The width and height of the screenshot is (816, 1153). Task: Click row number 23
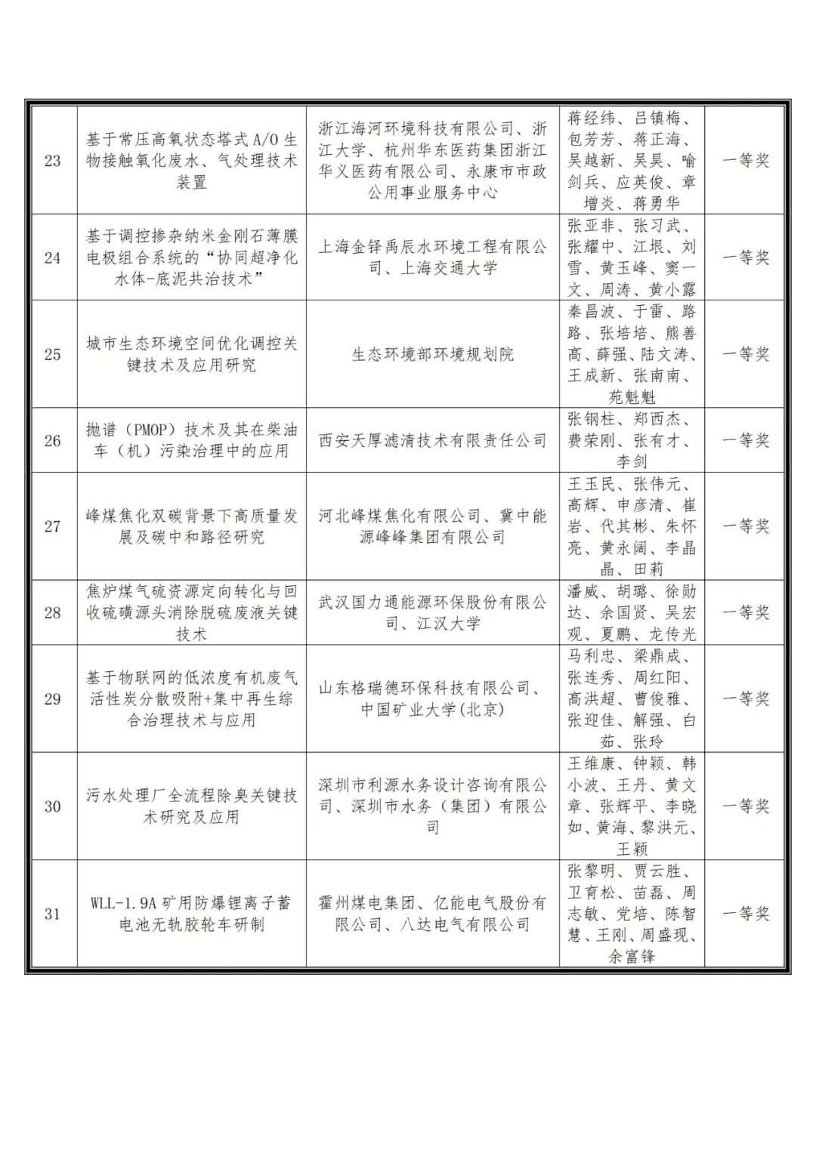tap(53, 161)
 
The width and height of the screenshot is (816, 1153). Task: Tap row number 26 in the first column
tap(53, 440)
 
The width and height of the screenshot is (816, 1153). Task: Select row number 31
tap(53, 914)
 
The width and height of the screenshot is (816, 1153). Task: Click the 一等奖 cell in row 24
tap(746, 257)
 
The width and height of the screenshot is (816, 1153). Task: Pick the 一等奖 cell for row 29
tap(746, 698)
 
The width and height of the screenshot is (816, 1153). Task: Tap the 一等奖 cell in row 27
tap(746, 526)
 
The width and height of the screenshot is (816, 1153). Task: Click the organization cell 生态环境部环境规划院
tap(432, 354)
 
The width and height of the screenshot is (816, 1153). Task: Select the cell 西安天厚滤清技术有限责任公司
tap(432, 440)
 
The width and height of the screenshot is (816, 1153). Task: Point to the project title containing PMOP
tap(191, 440)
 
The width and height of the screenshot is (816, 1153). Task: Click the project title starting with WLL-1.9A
tap(191, 914)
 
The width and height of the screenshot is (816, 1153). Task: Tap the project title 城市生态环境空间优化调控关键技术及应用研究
tap(191, 354)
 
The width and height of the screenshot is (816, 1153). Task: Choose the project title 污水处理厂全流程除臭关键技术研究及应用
tap(191, 806)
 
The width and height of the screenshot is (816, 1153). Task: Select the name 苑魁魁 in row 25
tap(632, 397)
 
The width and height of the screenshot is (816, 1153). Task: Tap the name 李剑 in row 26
tap(632, 461)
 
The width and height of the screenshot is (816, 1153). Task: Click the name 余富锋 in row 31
tap(632, 957)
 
